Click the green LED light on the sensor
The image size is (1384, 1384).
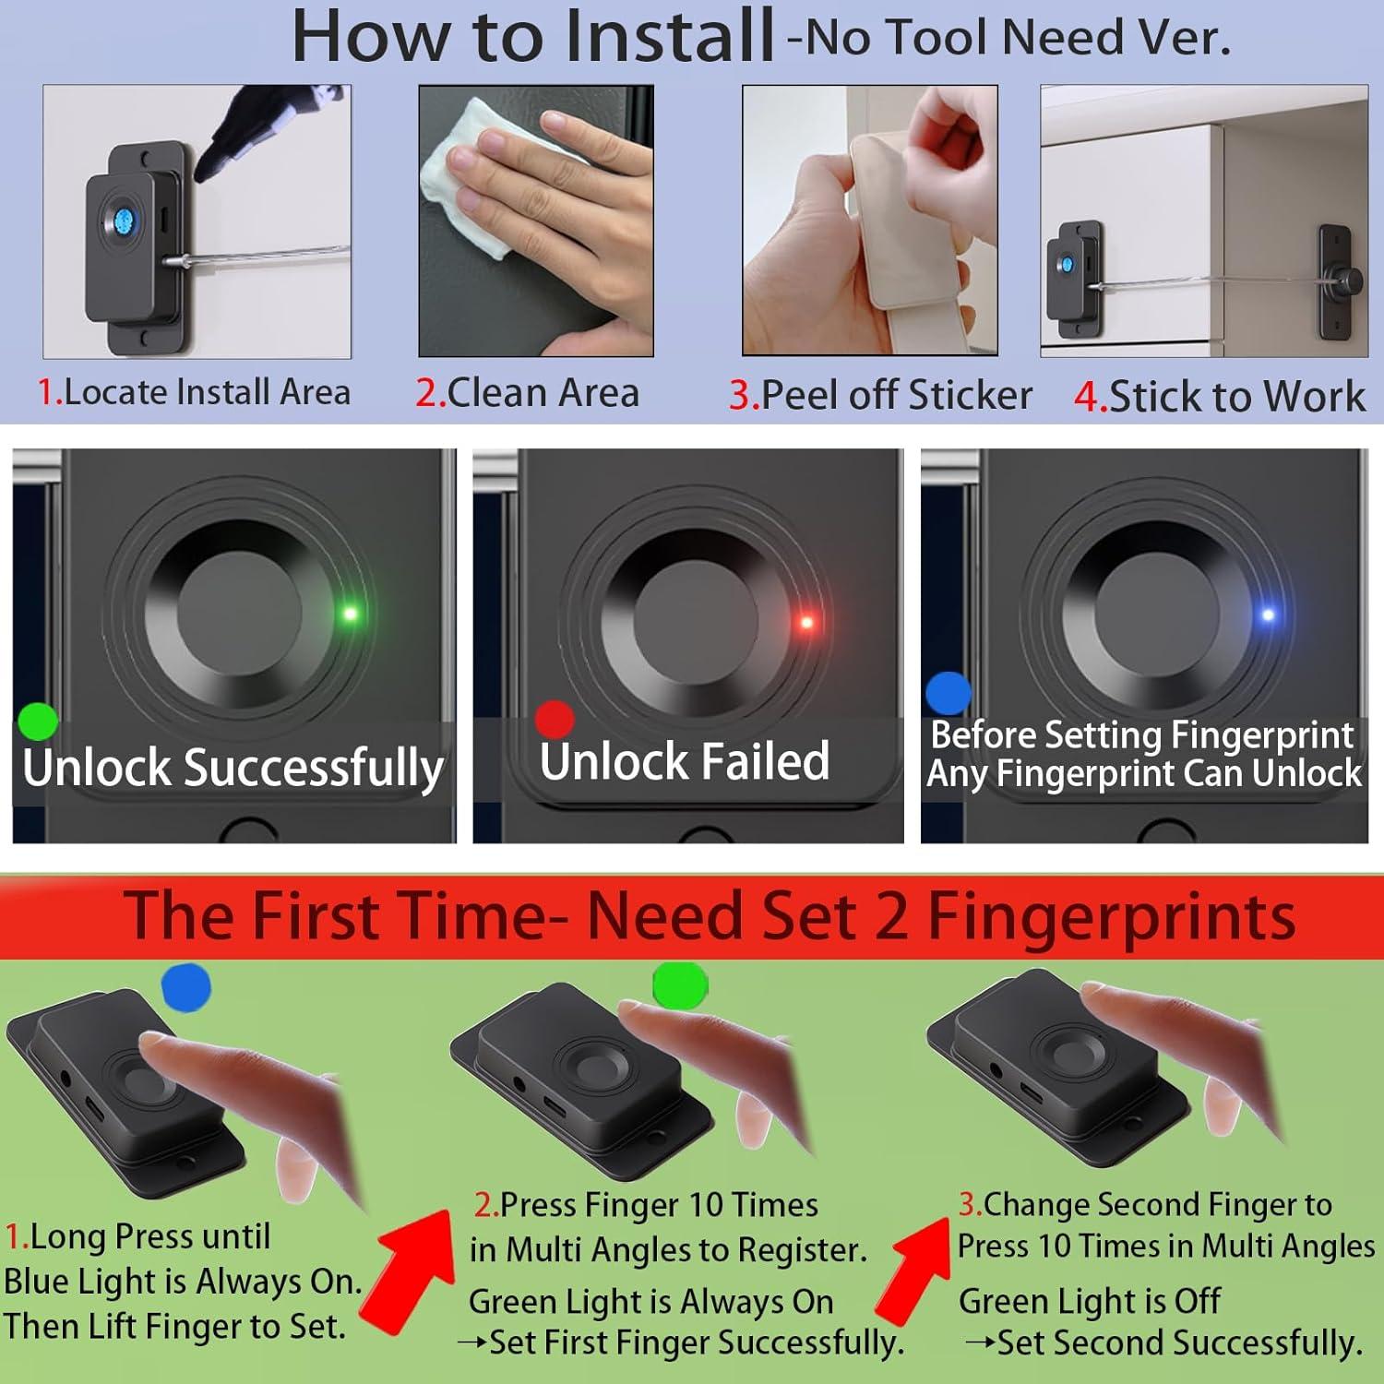[x=350, y=614]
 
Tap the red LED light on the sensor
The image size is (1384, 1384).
[x=806, y=623]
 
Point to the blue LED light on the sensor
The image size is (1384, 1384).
[x=1268, y=614]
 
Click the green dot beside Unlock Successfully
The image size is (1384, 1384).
[x=38, y=721]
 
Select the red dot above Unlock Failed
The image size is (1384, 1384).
[x=555, y=719]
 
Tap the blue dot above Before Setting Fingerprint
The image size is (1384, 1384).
[x=948, y=693]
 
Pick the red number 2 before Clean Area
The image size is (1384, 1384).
[x=427, y=393]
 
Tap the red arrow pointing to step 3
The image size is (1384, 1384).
[x=913, y=1269]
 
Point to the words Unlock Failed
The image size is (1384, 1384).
[x=685, y=761]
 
